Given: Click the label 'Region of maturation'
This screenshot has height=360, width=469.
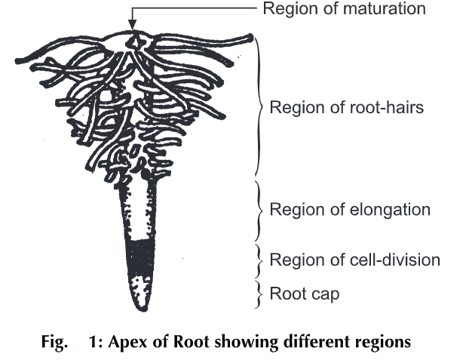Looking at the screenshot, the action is (343, 10).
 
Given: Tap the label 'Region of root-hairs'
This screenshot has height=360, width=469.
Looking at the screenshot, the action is (347, 107).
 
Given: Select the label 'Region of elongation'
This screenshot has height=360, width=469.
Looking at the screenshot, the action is (350, 209).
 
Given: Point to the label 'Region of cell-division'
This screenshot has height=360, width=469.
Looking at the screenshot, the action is (354, 260).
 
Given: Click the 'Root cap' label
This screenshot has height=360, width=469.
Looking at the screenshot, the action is (304, 293).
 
